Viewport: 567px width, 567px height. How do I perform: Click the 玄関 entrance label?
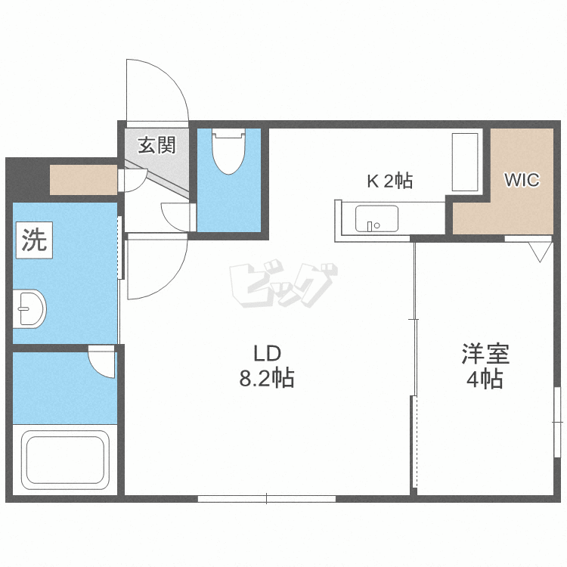tap(156, 145)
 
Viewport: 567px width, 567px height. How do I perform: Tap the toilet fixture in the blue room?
tap(228, 151)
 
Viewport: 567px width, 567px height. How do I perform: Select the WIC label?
tap(522, 180)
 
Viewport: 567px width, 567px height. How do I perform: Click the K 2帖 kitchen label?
tap(390, 181)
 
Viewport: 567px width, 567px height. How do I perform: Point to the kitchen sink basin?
tap(376, 218)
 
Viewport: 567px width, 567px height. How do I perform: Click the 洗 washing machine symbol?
tap(34, 240)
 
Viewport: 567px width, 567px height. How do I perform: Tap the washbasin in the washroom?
tap(29, 308)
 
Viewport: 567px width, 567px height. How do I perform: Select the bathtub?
tap(66, 459)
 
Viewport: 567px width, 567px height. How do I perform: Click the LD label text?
tap(267, 354)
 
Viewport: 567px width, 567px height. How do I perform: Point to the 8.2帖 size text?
tap(267, 379)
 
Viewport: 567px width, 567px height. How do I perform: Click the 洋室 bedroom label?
tap(485, 354)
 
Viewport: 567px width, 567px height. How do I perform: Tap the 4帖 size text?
tap(485, 379)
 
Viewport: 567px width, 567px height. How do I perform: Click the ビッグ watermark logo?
tap(283, 283)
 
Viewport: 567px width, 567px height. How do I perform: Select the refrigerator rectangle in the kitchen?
tap(465, 162)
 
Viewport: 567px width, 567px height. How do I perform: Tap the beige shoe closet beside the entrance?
tap(83, 180)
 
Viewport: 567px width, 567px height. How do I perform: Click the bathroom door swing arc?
tap(97, 370)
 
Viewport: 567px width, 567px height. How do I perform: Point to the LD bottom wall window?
tap(267, 499)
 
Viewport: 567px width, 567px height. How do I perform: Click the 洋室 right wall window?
tap(557, 422)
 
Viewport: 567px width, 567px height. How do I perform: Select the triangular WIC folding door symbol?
tap(540, 252)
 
